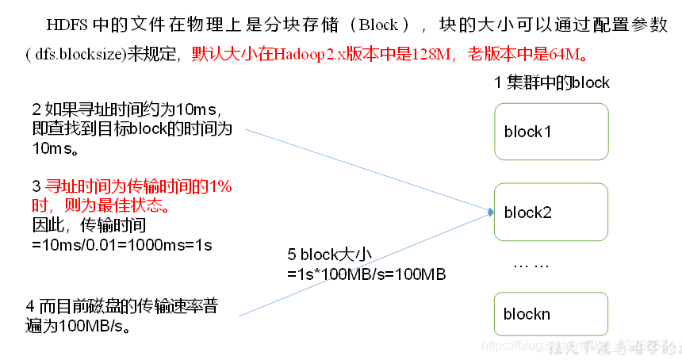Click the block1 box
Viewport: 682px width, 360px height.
coord(550,132)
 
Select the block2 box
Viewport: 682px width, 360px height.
coord(550,213)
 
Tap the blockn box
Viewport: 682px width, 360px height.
coord(550,313)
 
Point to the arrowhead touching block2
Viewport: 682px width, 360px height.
coord(491,212)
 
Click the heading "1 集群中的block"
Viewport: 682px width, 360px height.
coord(551,82)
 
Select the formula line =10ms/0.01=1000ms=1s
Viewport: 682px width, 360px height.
coord(122,245)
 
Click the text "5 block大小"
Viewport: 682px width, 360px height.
coord(330,255)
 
